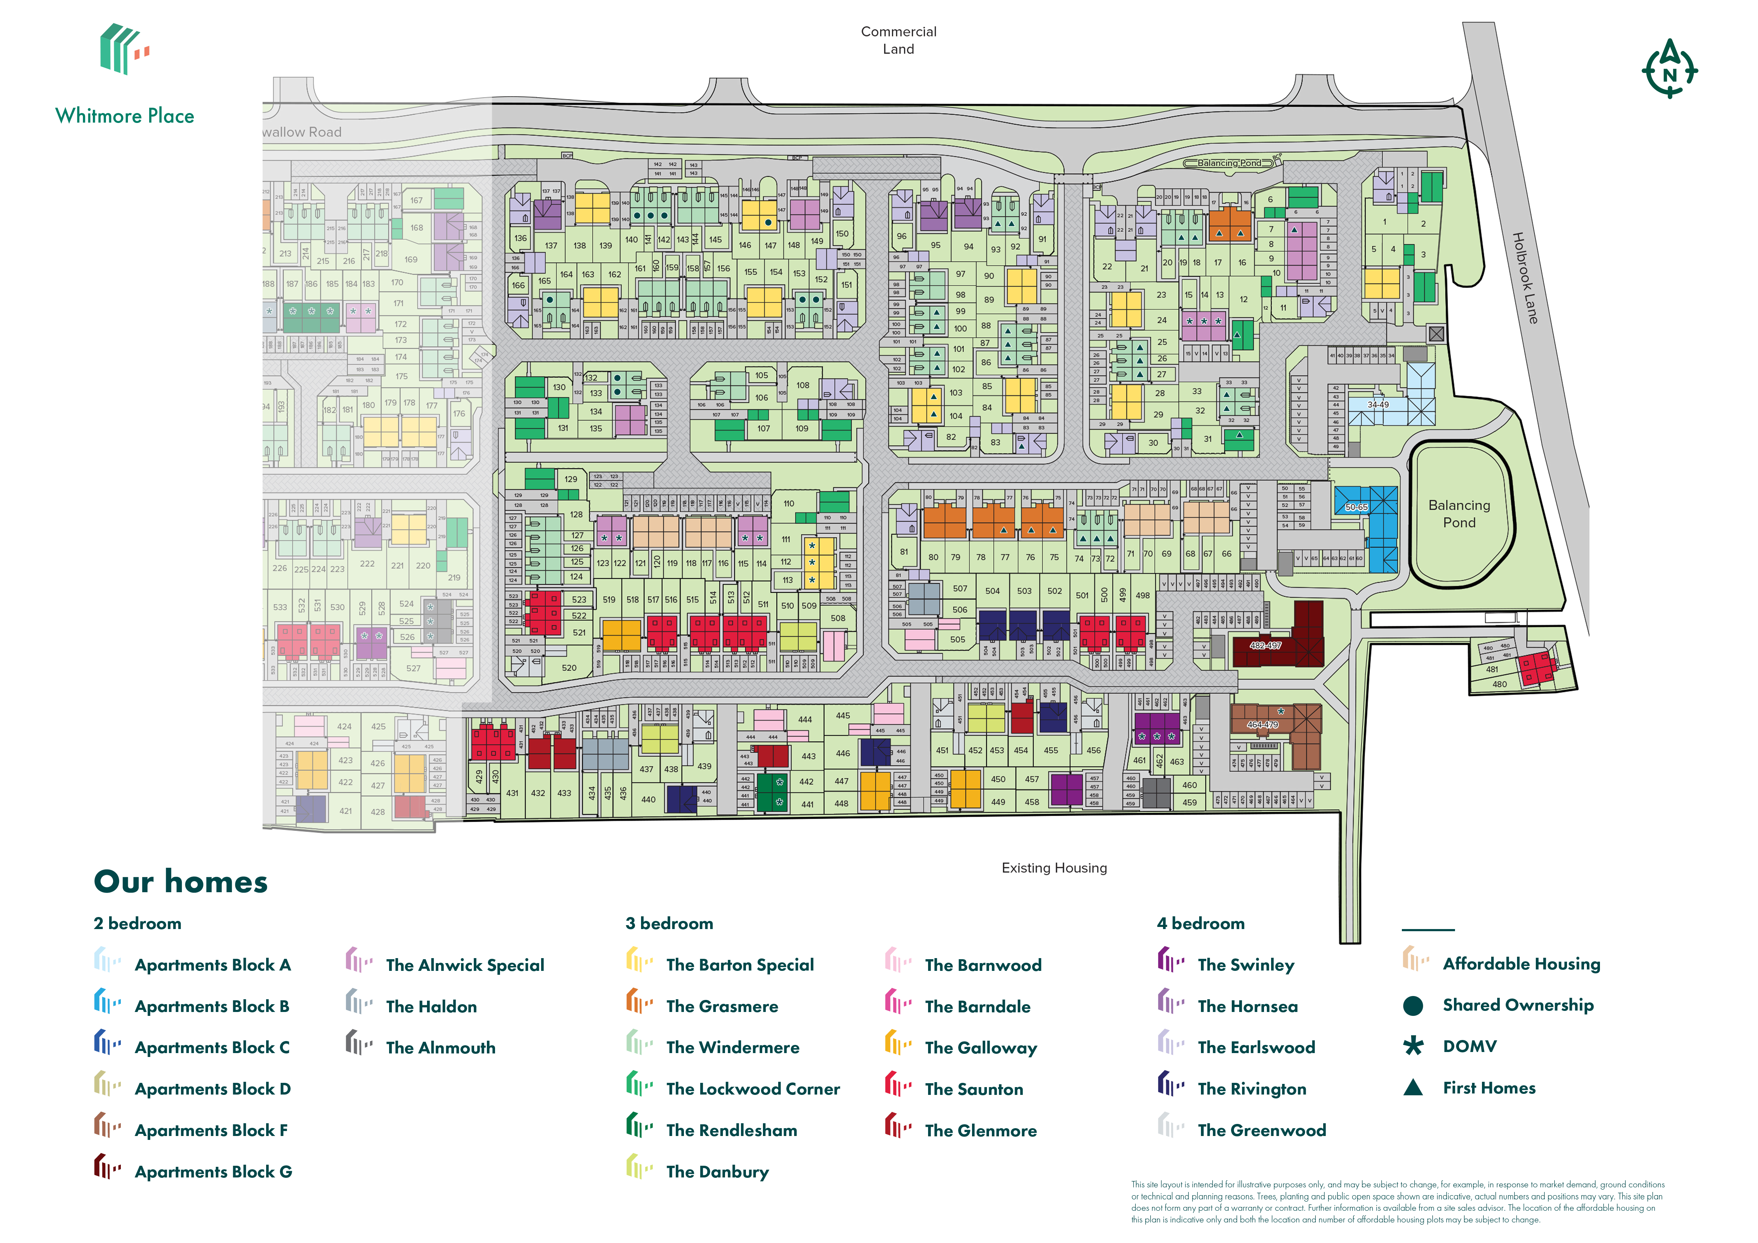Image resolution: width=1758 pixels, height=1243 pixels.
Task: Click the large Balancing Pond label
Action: point(1459,513)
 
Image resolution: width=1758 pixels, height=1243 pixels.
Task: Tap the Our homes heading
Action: point(181,882)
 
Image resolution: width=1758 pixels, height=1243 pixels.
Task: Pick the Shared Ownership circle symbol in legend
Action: point(1413,1006)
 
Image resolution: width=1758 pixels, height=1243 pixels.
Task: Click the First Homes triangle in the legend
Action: point(1413,1088)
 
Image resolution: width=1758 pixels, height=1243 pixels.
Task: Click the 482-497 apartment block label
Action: point(1265,645)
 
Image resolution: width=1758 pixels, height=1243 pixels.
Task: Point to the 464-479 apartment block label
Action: point(1262,724)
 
